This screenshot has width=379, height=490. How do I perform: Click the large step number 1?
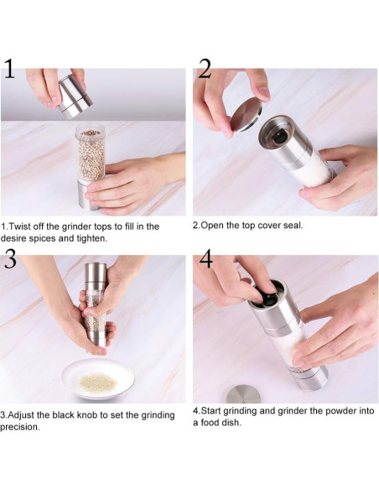(9, 69)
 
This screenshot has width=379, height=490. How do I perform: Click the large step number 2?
(205, 69)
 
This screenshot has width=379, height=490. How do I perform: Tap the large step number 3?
(10, 258)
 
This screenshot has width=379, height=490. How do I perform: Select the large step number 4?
(206, 258)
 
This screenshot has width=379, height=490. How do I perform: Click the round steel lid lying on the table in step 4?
(243, 394)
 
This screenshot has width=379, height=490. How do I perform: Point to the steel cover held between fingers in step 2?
(246, 114)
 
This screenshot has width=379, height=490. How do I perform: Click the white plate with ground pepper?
(97, 378)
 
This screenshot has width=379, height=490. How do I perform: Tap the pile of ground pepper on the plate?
(98, 383)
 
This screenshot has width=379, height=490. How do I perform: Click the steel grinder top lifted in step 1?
(75, 96)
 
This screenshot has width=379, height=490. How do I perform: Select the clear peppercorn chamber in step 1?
(91, 152)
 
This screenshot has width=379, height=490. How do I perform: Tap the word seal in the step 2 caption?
(293, 226)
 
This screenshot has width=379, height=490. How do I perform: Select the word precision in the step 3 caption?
(19, 427)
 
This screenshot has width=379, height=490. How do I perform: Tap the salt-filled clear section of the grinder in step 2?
(315, 170)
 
